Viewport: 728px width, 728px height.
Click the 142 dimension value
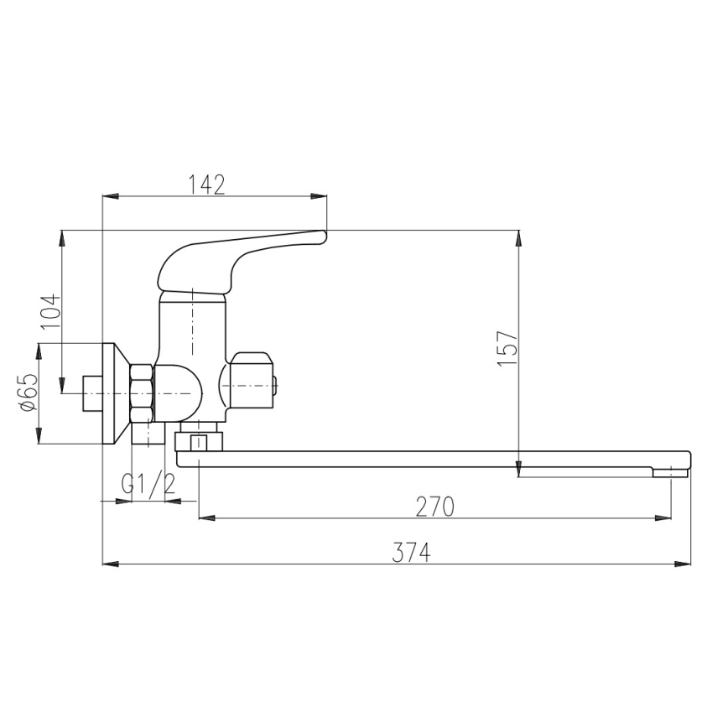click(207, 185)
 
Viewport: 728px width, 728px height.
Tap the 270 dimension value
click(434, 507)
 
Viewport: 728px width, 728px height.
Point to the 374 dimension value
click(411, 553)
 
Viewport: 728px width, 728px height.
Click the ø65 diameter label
click(28, 393)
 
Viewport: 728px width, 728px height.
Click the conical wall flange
click(116, 393)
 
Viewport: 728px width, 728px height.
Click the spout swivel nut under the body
click(198, 442)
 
